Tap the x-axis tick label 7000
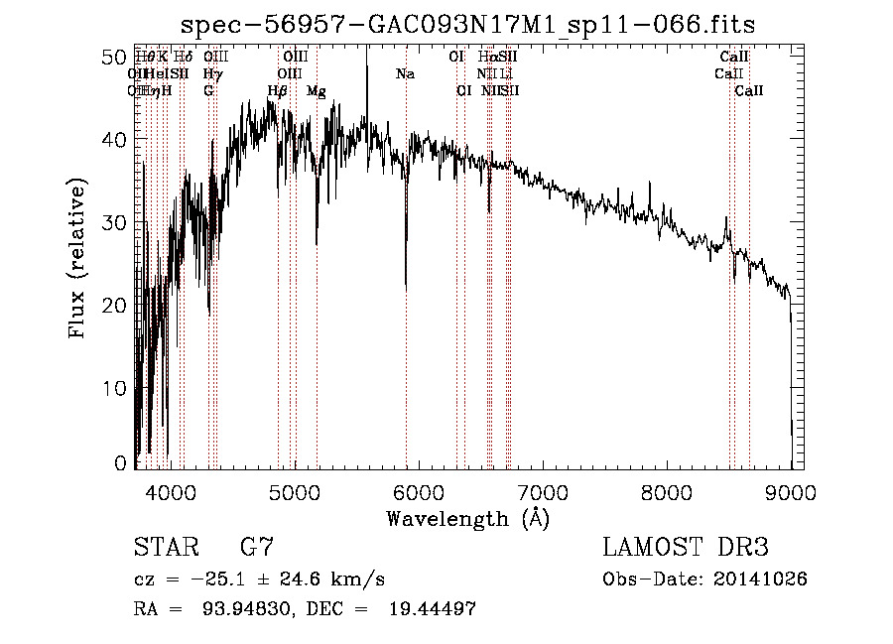(543, 492)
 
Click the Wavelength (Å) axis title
(468, 518)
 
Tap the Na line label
(405, 73)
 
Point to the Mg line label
(317, 90)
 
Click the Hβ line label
(278, 90)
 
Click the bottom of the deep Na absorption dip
(406, 286)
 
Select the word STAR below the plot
(164, 547)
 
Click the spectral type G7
(257, 547)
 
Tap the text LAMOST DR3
(686, 547)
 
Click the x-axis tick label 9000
(791, 492)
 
